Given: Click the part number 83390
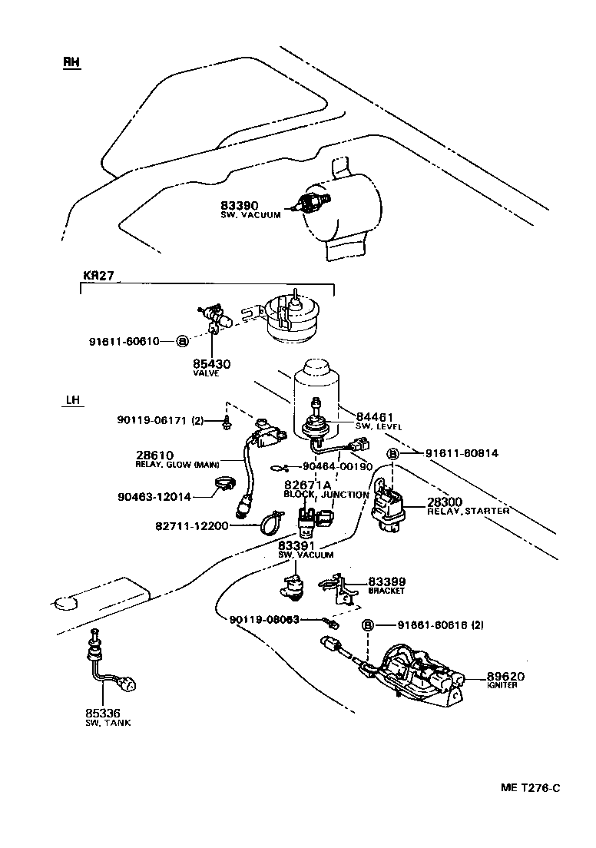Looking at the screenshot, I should (x=239, y=206).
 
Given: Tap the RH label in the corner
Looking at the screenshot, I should (x=71, y=62).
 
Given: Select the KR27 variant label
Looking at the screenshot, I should (x=98, y=275).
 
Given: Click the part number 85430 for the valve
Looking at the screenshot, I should (x=207, y=363).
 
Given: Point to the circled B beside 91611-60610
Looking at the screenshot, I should (x=182, y=341).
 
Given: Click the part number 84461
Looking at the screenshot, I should (x=374, y=416).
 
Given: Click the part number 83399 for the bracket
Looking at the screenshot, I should (x=386, y=582).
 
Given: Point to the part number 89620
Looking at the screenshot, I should (x=505, y=676).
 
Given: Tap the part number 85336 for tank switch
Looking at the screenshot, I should (x=103, y=713).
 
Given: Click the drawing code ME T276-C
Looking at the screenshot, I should (x=531, y=788).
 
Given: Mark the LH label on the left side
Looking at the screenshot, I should (x=74, y=400).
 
